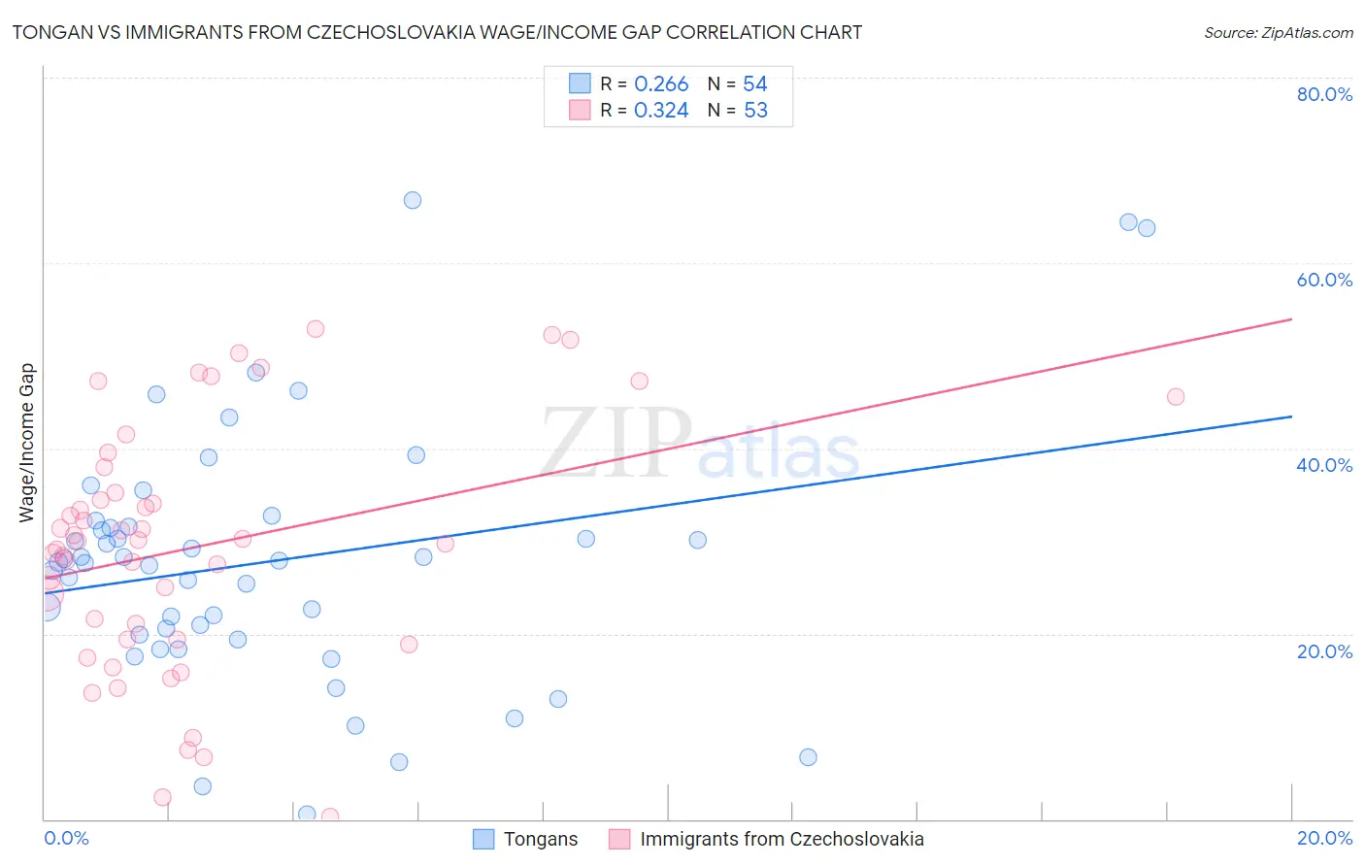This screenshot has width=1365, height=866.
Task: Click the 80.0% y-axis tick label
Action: [1324, 94]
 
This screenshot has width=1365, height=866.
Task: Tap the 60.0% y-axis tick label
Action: [1324, 280]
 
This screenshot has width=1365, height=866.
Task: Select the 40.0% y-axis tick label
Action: [1324, 465]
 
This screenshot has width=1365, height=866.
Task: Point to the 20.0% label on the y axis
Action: [1324, 651]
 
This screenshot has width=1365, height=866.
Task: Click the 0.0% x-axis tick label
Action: [66, 838]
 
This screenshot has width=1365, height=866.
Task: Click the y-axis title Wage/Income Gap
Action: [27, 443]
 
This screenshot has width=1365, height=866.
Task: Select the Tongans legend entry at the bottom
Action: [540, 839]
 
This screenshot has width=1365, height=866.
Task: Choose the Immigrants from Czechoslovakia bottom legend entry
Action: [781, 839]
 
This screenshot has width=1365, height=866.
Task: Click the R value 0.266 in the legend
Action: [661, 84]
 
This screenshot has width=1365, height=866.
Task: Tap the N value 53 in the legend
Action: [755, 111]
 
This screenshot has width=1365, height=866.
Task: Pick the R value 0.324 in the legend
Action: [661, 111]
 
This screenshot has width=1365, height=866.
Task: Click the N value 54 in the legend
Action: [755, 84]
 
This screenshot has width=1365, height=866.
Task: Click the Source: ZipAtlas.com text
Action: [1278, 33]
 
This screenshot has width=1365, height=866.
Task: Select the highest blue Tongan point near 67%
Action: [413, 200]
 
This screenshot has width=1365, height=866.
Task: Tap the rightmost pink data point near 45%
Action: [1176, 396]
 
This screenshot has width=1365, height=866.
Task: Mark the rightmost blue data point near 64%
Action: [1147, 228]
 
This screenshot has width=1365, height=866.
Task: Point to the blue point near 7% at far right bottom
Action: [808, 757]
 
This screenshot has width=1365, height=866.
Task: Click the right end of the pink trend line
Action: [1291, 318]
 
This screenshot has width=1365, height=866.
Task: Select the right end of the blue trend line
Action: [1291, 416]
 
